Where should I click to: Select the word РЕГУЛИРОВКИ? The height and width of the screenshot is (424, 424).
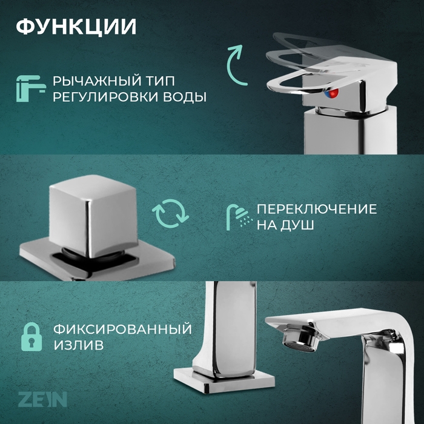coord(110,97)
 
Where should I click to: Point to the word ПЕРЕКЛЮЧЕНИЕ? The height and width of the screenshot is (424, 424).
coord(317,210)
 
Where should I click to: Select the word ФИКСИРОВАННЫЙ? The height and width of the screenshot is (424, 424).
coord(122,330)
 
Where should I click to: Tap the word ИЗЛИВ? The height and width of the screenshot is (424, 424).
coord(77,345)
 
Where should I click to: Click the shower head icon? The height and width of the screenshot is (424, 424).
coord(237,216)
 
